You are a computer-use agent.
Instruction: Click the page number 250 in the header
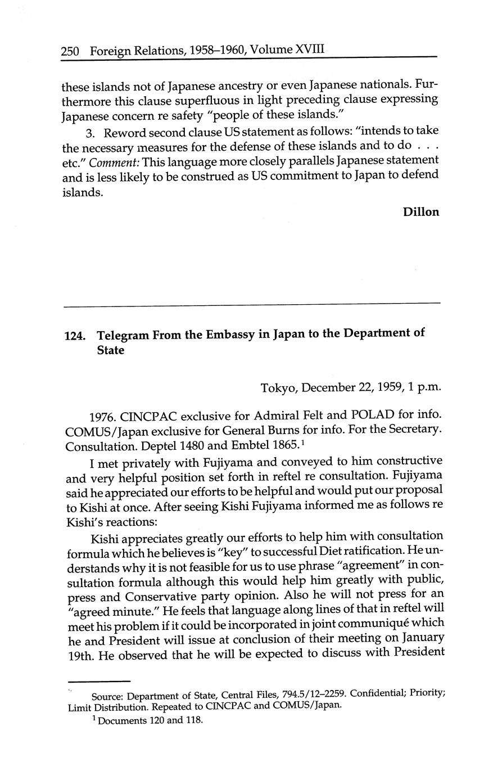click(x=70, y=52)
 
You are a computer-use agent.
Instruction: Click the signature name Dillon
click(x=420, y=212)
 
